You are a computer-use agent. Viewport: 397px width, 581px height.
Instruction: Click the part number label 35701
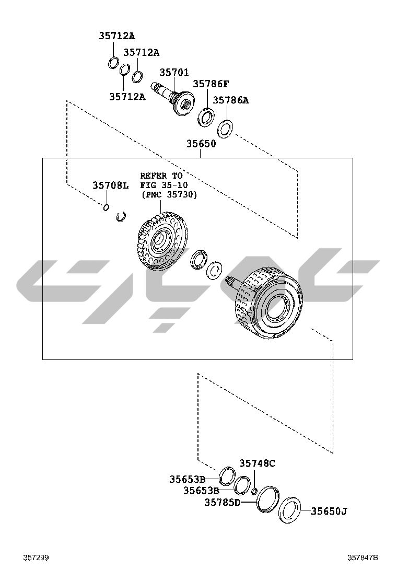coord(174,72)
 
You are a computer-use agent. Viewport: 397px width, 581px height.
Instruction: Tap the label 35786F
coord(211,84)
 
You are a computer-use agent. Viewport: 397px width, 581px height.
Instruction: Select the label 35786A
coord(231,100)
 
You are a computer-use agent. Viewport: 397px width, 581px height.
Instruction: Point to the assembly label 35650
coord(201,144)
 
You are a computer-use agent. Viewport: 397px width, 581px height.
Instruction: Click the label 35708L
coord(110,185)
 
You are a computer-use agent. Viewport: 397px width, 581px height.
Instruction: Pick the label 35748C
coord(257,463)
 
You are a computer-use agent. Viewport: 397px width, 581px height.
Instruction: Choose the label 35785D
coord(223,503)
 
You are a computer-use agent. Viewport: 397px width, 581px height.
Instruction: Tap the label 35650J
coord(329,512)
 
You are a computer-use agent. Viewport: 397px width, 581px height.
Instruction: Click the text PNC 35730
coord(170,195)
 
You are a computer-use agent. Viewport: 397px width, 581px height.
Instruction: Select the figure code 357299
coord(36,557)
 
